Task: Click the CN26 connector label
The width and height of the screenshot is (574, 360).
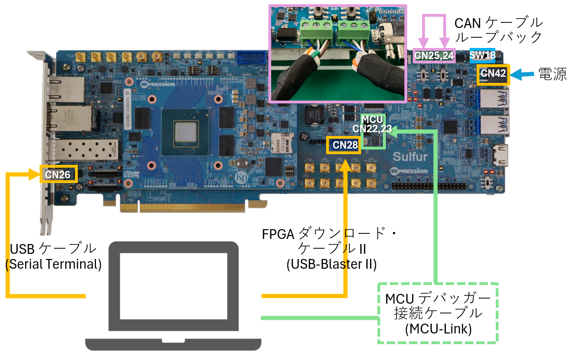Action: pyautogui.click(x=58, y=174)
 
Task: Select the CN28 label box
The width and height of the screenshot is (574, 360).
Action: pyautogui.click(x=345, y=145)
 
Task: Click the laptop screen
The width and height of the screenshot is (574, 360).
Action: pyautogui.click(x=173, y=286)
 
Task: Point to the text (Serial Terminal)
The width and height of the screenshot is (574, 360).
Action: pyautogui.click(x=54, y=264)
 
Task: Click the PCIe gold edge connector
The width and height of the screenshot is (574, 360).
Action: pyautogui.click(x=182, y=207)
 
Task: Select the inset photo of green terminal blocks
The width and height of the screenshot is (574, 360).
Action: pyautogui.click(x=338, y=53)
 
